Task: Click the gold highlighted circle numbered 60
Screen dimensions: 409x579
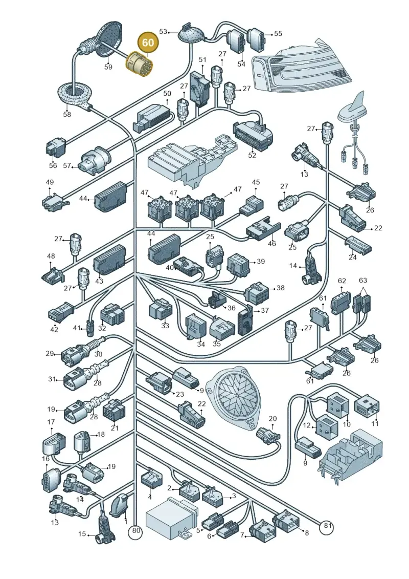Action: click(x=148, y=42)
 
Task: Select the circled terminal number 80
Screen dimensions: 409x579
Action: click(x=137, y=531)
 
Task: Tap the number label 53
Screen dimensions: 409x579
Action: click(x=163, y=32)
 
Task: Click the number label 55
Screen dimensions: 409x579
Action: click(x=278, y=34)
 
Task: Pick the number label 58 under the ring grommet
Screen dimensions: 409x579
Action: click(x=67, y=114)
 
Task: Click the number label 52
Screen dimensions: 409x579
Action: click(x=252, y=155)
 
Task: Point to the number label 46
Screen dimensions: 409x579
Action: click(x=272, y=243)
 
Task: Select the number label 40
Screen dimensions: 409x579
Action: click(x=170, y=267)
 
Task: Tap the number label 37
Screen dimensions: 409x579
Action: click(x=264, y=311)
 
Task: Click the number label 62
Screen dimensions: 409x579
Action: click(x=342, y=281)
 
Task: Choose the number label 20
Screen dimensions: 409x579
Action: click(x=272, y=418)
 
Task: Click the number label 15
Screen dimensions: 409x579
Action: click(x=82, y=533)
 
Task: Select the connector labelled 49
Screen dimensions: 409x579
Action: click(x=54, y=202)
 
